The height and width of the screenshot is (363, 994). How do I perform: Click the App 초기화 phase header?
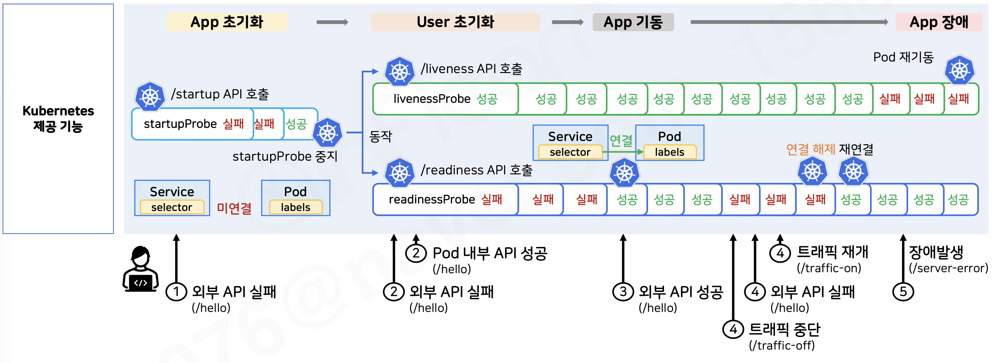tap(226, 22)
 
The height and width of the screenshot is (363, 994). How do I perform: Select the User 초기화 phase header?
tap(455, 22)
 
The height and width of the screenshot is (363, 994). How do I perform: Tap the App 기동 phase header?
tap(633, 22)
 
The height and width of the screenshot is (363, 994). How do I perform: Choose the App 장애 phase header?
tap(939, 22)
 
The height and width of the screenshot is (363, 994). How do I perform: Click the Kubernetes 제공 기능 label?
tap(58, 118)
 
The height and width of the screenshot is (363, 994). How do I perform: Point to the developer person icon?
tap(141, 269)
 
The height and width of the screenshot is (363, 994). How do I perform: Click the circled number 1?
tap(176, 292)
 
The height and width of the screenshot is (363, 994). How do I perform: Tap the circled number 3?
tap(623, 292)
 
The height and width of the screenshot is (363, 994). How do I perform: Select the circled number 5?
tap(903, 292)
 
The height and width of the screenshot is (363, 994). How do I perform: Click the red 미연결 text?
tap(234, 208)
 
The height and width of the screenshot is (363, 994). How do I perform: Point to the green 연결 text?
tap(621, 141)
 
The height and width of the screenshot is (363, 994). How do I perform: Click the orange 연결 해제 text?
tap(810, 149)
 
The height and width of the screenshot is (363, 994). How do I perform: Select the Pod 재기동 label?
tap(903, 57)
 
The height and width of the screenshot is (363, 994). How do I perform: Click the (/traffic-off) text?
tap(782, 345)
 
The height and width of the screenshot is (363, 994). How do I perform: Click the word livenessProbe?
tap(432, 99)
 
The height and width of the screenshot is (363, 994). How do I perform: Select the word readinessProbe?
tap(432, 199)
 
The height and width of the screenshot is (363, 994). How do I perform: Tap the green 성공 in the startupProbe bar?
tap(296, 124)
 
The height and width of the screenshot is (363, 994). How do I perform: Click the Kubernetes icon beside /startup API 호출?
tap(150, 97)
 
